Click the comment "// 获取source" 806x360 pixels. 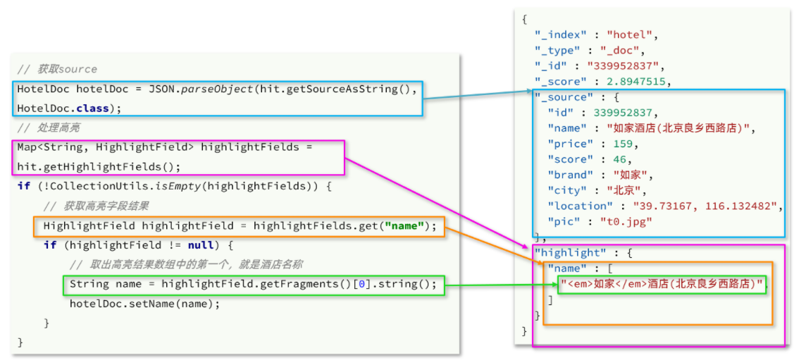(x=57, y=70)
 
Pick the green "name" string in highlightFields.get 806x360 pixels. (x=405, y=225)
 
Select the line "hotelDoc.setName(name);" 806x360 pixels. (x=145, y=304)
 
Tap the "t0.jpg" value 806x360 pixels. (x=626, y=222)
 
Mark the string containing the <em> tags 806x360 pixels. (x=662, y=284)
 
